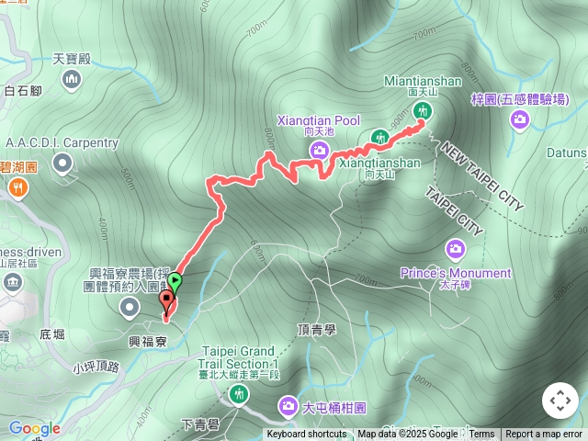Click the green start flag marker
(x=175, y=284)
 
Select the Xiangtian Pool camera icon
(x=319, y=150)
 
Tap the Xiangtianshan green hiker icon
(x=379, y=139)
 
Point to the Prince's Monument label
(x=456, y=273)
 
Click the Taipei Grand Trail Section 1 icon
(x=239, y=394)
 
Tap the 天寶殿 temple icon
(x=72, y=82)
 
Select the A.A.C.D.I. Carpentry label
(x=62, y=143)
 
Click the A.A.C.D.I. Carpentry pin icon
(x=62, y=164)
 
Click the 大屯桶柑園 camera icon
(x=288, y=407)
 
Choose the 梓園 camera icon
(x=520, y=119)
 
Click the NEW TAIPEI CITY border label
(x=481, y=176)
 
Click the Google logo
(x=35, y=428)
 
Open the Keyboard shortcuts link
(x=307, y=435)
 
